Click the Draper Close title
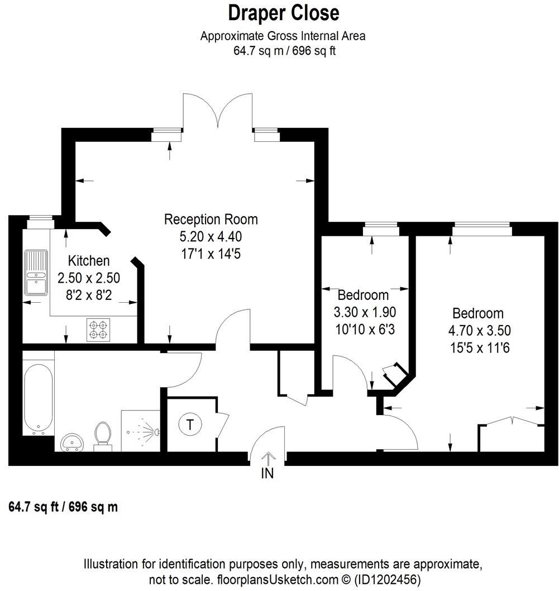click(x=283, y=12)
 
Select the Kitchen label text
click(x=89, y=260)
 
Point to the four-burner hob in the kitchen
click(x=98, y=329)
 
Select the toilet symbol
click(x=102, y=435)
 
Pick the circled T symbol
click(x=190, y=425)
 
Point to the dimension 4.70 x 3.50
click(x=478, y=331)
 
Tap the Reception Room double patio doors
click(x=218, y=112)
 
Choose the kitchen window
click(x=40, y=219)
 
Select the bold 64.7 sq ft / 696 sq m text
click(x=64, y=507)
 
